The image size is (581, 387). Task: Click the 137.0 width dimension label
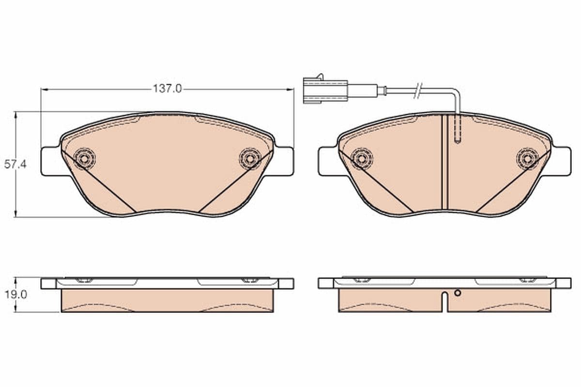pos(167,89)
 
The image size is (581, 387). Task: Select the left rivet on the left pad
pos(85,158)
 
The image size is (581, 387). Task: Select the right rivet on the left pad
pos(250,158)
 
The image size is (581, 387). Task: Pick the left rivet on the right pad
pos(362,158)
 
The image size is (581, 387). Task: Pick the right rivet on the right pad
pos(527,158)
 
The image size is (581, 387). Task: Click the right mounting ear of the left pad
pos(284,161)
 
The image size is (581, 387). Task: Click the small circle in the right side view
pos(458,293)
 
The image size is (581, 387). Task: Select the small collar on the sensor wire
pos(383,89)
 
